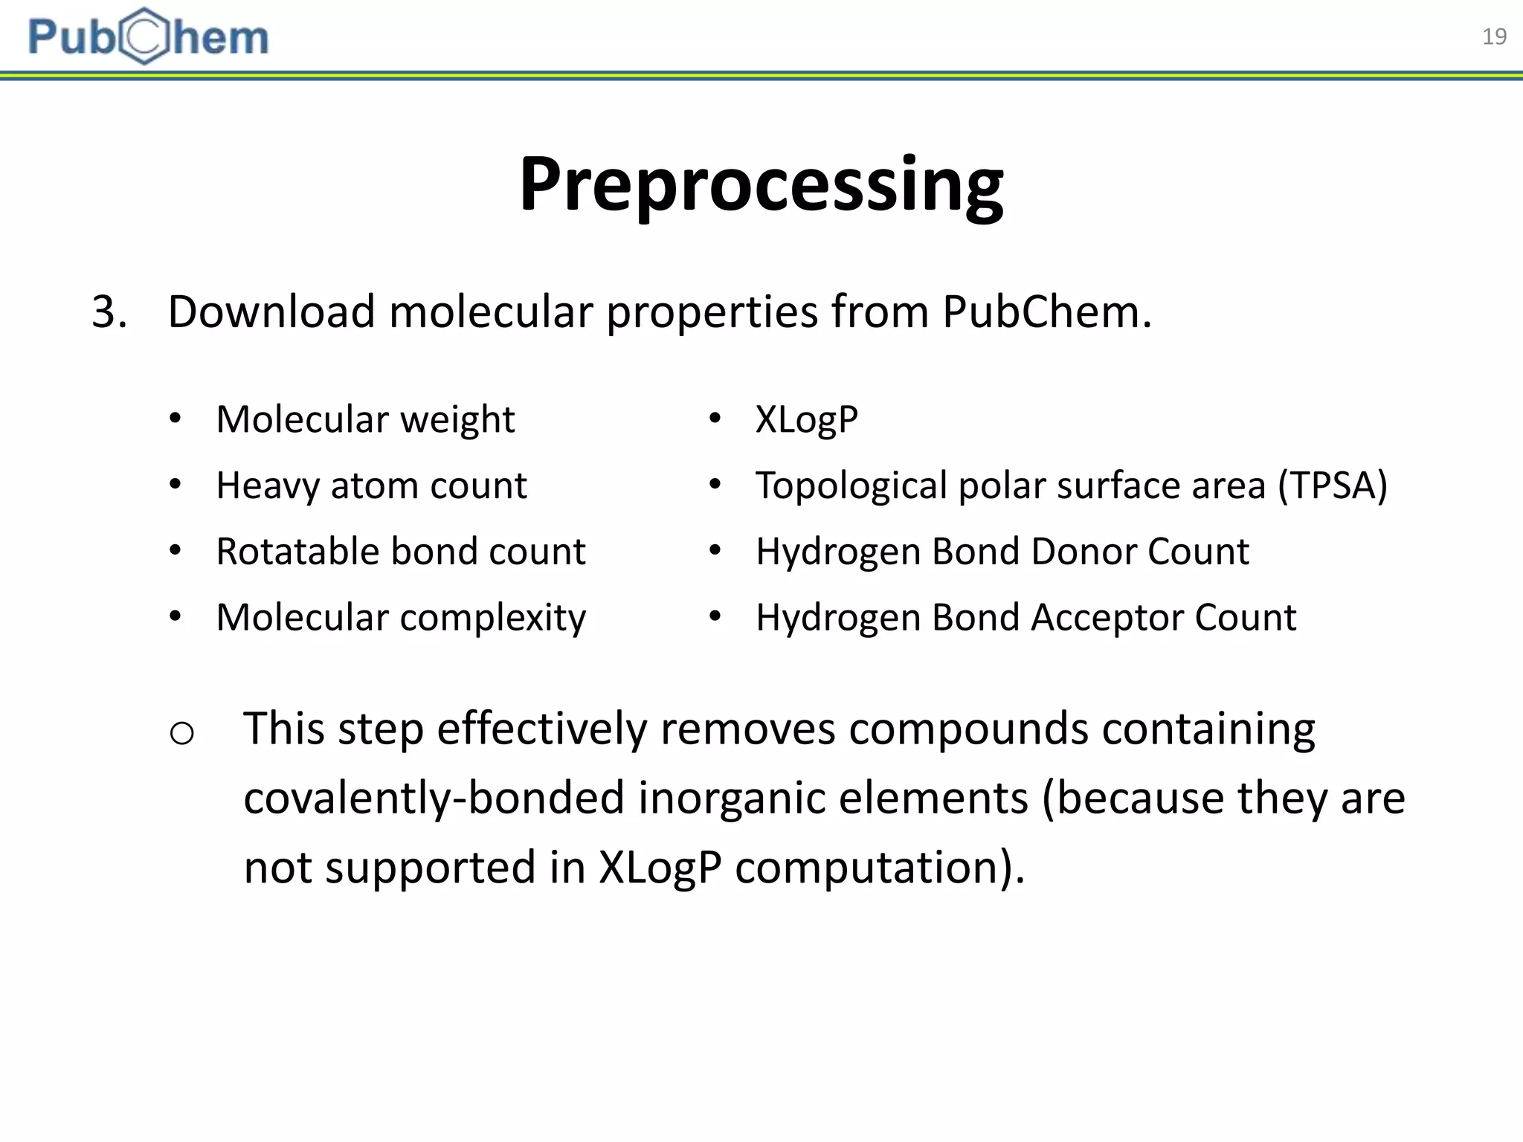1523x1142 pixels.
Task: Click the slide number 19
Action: click(1494, 36)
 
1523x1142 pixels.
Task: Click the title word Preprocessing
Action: click(761, 184)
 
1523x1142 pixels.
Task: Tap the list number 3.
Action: click(109, 312)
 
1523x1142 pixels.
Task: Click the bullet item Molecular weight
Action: click(364, 420)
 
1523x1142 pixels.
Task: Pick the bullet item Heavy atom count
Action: click(371, 486)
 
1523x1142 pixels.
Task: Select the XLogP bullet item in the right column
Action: click(807, 420)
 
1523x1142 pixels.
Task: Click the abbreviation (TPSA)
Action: click(1332, 486)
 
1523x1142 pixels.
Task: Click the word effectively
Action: click(541, 729)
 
